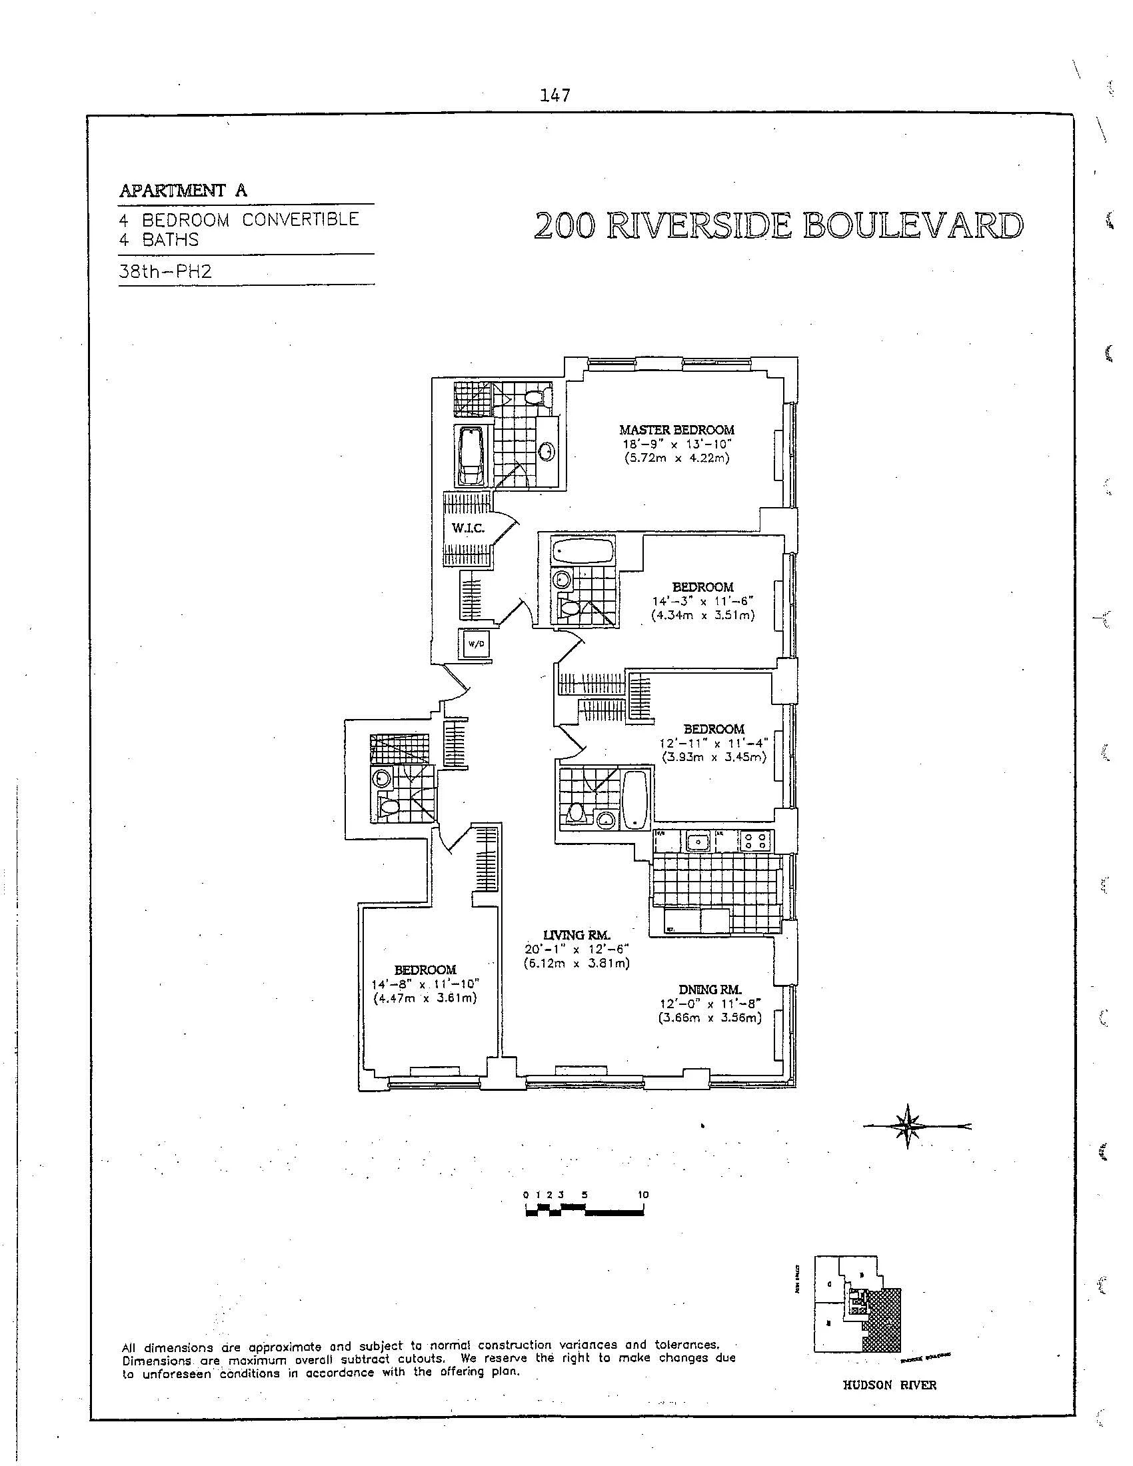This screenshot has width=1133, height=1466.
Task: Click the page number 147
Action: pos(555,96)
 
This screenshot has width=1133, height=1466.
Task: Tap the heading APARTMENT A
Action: pos(183,191)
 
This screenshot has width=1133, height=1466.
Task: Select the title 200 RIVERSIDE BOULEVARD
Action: pos(778,227)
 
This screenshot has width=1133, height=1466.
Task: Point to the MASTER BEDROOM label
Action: pos(676,430)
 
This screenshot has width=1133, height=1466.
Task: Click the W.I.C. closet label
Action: pos(468,528)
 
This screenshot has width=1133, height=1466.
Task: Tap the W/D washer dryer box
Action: pos(476,644)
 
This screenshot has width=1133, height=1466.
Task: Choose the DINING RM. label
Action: pos(710,990)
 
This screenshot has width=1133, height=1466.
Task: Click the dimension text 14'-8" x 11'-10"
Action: pos(426,984)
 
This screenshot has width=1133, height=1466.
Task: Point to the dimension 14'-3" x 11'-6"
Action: pos(702,602)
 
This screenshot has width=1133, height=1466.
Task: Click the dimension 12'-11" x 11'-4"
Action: pos(714,743)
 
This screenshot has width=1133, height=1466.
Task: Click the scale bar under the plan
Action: pos(584,1211)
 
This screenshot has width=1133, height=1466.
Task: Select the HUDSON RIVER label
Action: pos(889,1385)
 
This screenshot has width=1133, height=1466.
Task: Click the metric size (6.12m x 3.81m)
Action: pos(576,964)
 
